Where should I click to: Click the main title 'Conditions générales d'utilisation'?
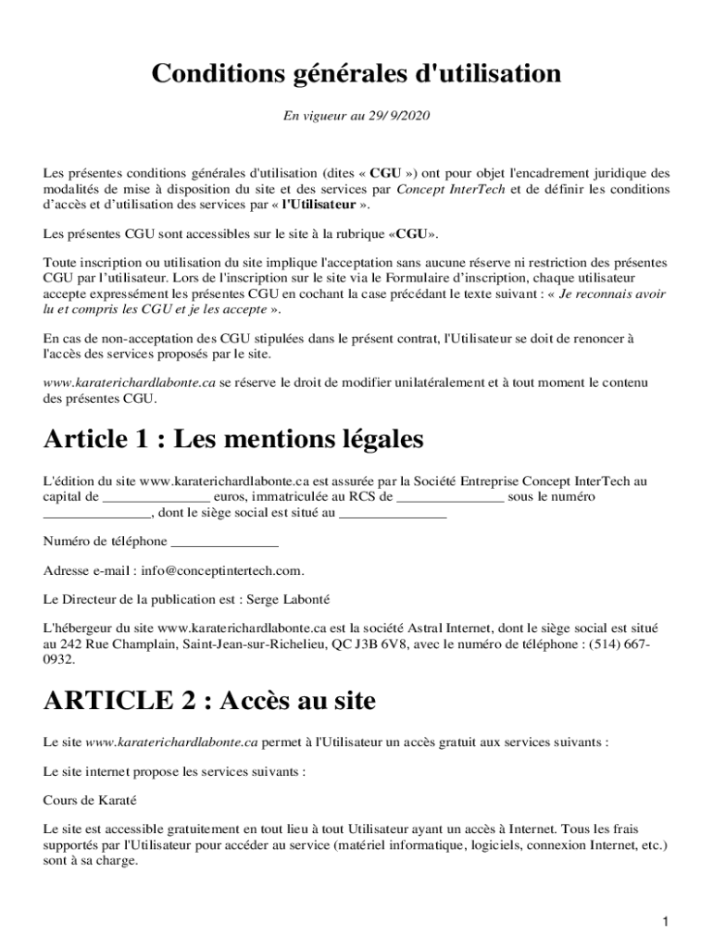pyautogui.click(x=356, y=73)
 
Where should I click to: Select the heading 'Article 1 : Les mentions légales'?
pyautogui.click(x=233, y=440)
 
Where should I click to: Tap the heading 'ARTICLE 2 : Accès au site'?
pyautogui.click(x=209, y=701)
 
